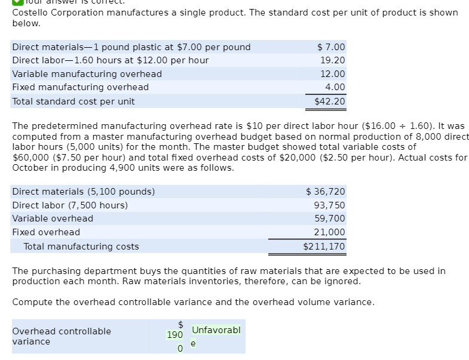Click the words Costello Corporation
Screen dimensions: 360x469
click(53, 13)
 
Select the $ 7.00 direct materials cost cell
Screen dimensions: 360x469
click(331, 47)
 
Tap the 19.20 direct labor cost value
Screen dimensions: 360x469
click(333, 60)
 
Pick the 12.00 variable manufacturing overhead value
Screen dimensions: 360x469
click(333, 74)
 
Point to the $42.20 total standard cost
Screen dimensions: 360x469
click(330, 101)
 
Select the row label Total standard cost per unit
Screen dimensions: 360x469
click(73, 101)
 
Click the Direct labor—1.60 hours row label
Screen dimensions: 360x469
click(111, 60)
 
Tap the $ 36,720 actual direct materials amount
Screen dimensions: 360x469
click(326, 192)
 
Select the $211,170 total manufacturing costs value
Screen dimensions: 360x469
click(324, 247)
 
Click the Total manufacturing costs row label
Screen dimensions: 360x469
click(81, 247)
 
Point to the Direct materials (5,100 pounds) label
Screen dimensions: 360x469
click(84, 192)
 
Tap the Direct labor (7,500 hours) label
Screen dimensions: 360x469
click(70, 205)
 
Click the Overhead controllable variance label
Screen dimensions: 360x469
click(62, 336)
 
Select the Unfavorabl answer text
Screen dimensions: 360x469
click(216, 330)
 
